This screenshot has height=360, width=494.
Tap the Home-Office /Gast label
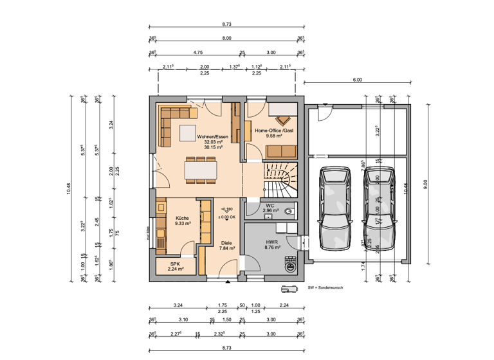point(274,130)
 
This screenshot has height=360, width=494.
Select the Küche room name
point(182,218)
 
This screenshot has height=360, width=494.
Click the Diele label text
point(226,242)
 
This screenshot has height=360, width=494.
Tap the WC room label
point(270,206)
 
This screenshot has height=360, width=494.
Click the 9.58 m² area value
point(274,136)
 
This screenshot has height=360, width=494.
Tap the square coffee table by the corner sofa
point(188,132)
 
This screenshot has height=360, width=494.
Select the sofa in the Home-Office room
point(281,151)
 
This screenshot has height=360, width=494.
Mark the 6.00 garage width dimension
point(357,80)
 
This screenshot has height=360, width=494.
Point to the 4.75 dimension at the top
point(199,52)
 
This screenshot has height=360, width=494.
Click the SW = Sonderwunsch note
point(325,287)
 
